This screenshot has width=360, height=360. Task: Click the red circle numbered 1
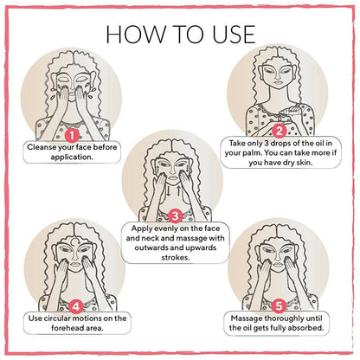tap(72, 135)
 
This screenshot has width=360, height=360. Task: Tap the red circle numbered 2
tap(279, 132)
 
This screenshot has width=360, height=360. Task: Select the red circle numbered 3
tap(175, 216)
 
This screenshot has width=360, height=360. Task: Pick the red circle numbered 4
tap(76, 306)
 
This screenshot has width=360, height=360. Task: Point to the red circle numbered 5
tap(279, 305)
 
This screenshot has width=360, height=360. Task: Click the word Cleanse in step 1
tap(42, 147)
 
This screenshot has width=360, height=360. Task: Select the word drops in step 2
tap(280, 143)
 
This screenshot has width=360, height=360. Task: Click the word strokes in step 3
tap(176, 257)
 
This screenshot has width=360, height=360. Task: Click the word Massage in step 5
tap(247, 318)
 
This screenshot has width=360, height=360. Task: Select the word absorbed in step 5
tap(306, 328)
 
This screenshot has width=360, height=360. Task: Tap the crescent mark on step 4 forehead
tap(74, 241)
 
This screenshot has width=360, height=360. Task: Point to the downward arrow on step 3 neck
tap(168, 191)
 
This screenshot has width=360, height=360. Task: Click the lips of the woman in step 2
tap(278, 82)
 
